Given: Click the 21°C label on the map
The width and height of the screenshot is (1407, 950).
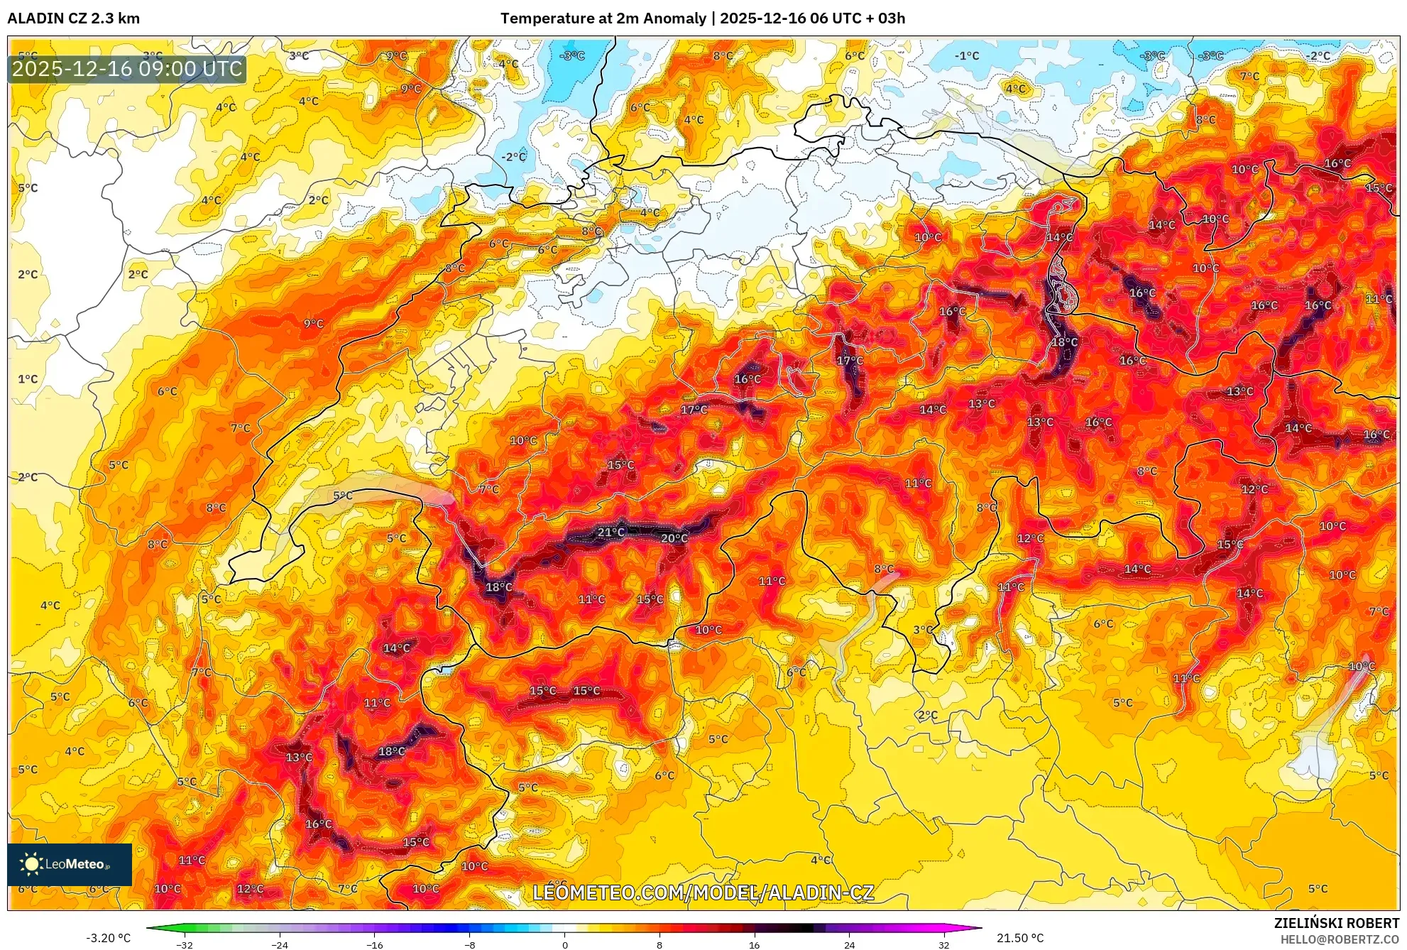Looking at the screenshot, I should [611, 532].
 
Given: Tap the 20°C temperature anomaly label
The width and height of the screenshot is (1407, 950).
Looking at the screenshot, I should [674, 538].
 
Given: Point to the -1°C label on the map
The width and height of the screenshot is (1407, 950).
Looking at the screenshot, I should [966, 55].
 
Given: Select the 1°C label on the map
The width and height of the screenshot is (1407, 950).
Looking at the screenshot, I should [28, 379].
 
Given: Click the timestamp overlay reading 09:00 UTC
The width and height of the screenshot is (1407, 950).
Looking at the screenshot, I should [127, 69].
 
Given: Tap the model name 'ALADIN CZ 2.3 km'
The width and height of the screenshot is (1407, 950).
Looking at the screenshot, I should [73, 18].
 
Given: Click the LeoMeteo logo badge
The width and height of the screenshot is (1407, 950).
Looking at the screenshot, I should [70, 864].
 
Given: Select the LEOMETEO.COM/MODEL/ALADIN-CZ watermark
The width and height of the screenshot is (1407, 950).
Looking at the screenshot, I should [703, 892].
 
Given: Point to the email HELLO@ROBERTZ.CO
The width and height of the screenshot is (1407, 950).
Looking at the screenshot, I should [1340, 939].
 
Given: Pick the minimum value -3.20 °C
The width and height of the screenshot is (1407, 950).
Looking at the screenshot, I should [108, 938].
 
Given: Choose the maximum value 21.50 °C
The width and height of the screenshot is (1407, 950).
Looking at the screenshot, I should [1020, 938].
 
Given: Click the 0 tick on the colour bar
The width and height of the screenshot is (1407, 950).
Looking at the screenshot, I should [564, 945].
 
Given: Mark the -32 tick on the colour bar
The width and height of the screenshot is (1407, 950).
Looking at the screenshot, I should [184, 945].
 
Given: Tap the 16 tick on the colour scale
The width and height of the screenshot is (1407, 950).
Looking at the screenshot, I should [754, 945].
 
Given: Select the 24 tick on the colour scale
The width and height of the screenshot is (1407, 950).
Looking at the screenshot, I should [849, 945].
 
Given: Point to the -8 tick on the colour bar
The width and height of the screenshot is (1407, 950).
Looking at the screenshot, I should [469, 945].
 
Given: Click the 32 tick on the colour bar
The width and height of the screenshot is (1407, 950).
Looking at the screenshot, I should [943, 945].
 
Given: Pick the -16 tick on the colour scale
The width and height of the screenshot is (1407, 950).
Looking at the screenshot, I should [374, 945].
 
